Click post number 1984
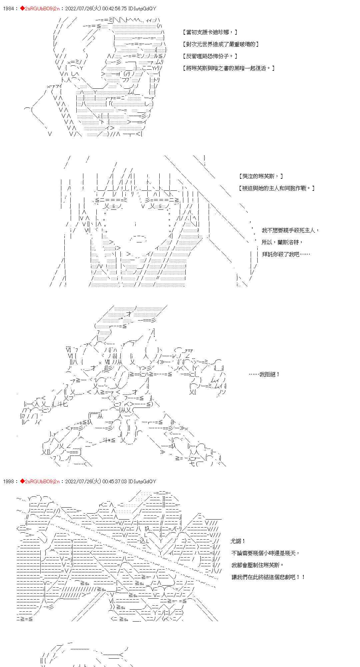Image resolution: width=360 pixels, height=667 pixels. [8, 9]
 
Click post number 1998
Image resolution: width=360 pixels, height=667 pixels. [8, 481]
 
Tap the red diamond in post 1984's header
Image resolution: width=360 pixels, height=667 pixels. [22, 9]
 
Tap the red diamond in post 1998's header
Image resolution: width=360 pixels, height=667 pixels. [22, 481]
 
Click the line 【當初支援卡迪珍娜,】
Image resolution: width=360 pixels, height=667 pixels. [210, 32]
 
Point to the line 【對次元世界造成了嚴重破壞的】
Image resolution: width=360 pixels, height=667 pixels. [221, 44]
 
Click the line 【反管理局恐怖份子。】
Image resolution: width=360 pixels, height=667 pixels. [210, 56]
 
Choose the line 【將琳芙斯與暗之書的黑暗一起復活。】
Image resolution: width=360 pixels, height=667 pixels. [229, 68]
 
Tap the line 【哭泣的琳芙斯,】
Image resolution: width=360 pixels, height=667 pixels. [261, 176]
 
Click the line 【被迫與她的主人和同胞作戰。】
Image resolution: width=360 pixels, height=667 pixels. [277, 188]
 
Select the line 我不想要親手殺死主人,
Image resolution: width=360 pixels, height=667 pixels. [290, 230]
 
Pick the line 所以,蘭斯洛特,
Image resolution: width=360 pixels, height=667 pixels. [282, 242]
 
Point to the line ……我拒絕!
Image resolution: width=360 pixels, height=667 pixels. [264, 374]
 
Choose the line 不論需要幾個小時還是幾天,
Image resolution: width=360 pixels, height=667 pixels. [266, 553]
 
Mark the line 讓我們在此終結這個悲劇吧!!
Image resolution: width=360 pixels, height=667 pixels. [268, 577]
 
